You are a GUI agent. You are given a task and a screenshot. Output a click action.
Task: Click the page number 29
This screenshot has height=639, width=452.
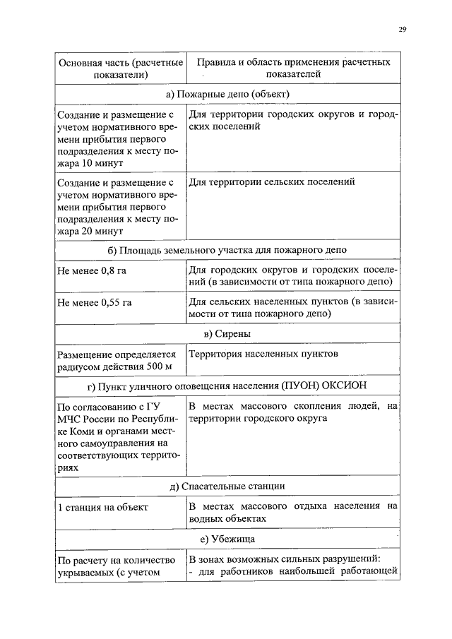coord(402,30)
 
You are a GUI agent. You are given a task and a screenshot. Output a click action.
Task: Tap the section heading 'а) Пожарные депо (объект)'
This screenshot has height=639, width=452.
coord(227,94)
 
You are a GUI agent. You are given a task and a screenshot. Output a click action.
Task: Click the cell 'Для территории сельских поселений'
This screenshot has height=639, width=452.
coord(271,183)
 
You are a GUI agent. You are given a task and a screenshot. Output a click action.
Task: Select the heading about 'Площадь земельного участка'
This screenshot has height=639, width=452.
coord(227,251)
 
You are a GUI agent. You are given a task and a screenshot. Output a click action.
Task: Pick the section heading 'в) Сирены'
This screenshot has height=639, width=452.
coord(227,333)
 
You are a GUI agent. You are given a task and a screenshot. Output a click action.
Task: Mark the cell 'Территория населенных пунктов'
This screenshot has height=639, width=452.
coord(263,354)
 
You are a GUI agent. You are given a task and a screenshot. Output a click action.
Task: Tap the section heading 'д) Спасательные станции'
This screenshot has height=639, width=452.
coord(227,486)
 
